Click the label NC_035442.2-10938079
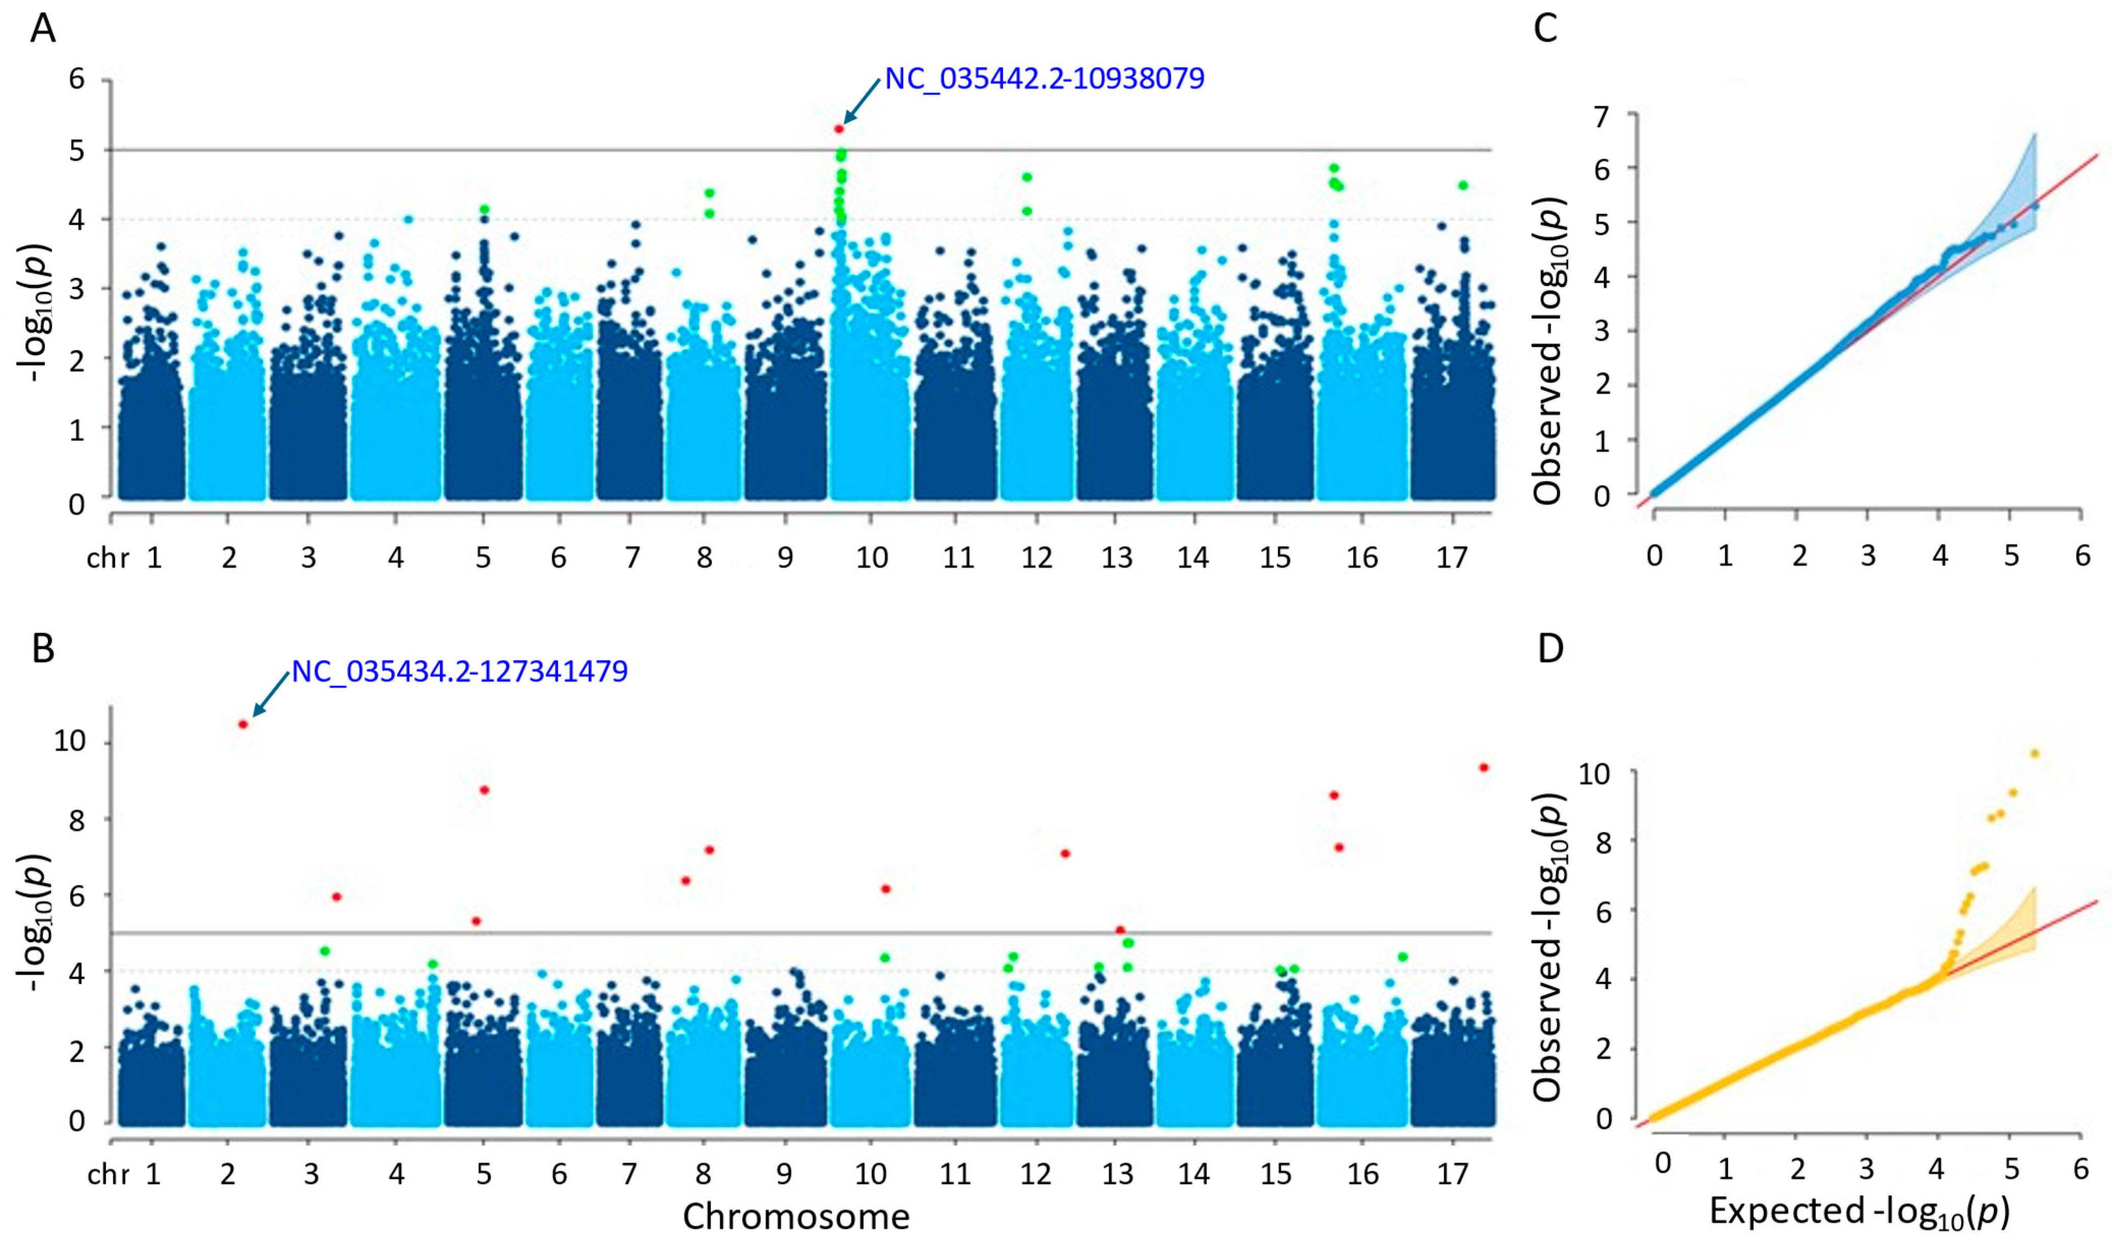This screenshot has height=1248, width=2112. click(1044, 79)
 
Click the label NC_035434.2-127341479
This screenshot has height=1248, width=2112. click(460, 671)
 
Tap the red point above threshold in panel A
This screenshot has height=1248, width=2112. click(839, 129)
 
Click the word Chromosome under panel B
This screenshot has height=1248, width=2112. click(796, 1216)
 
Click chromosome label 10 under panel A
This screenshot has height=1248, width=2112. click(871, 558)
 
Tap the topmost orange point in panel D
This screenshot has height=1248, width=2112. click(2035, 752)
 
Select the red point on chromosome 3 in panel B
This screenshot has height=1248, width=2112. click(336, 896)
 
